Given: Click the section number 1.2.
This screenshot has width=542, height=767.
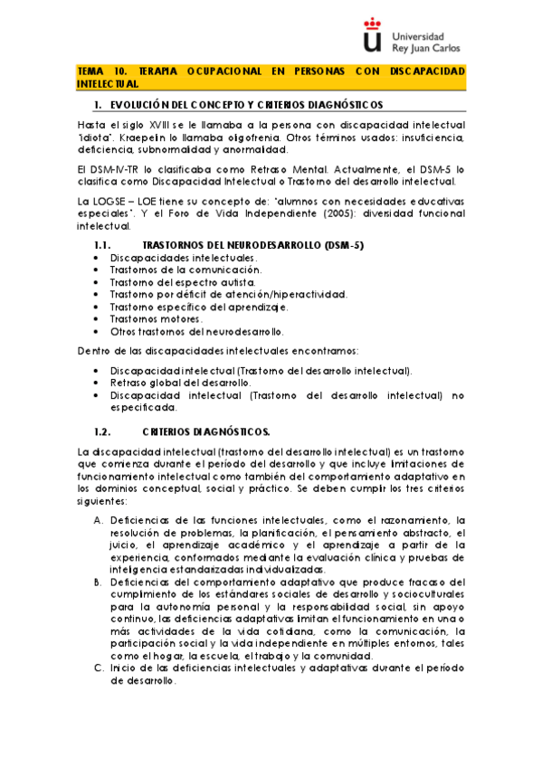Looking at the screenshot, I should (102, 431).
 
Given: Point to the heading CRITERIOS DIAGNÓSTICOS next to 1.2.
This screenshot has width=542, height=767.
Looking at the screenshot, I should (206, 431).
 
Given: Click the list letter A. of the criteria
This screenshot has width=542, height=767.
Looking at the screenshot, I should (99, 520).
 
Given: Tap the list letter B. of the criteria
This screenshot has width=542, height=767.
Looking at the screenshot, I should (99, 582).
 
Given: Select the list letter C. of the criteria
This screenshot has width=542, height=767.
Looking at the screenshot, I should (99, 668).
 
